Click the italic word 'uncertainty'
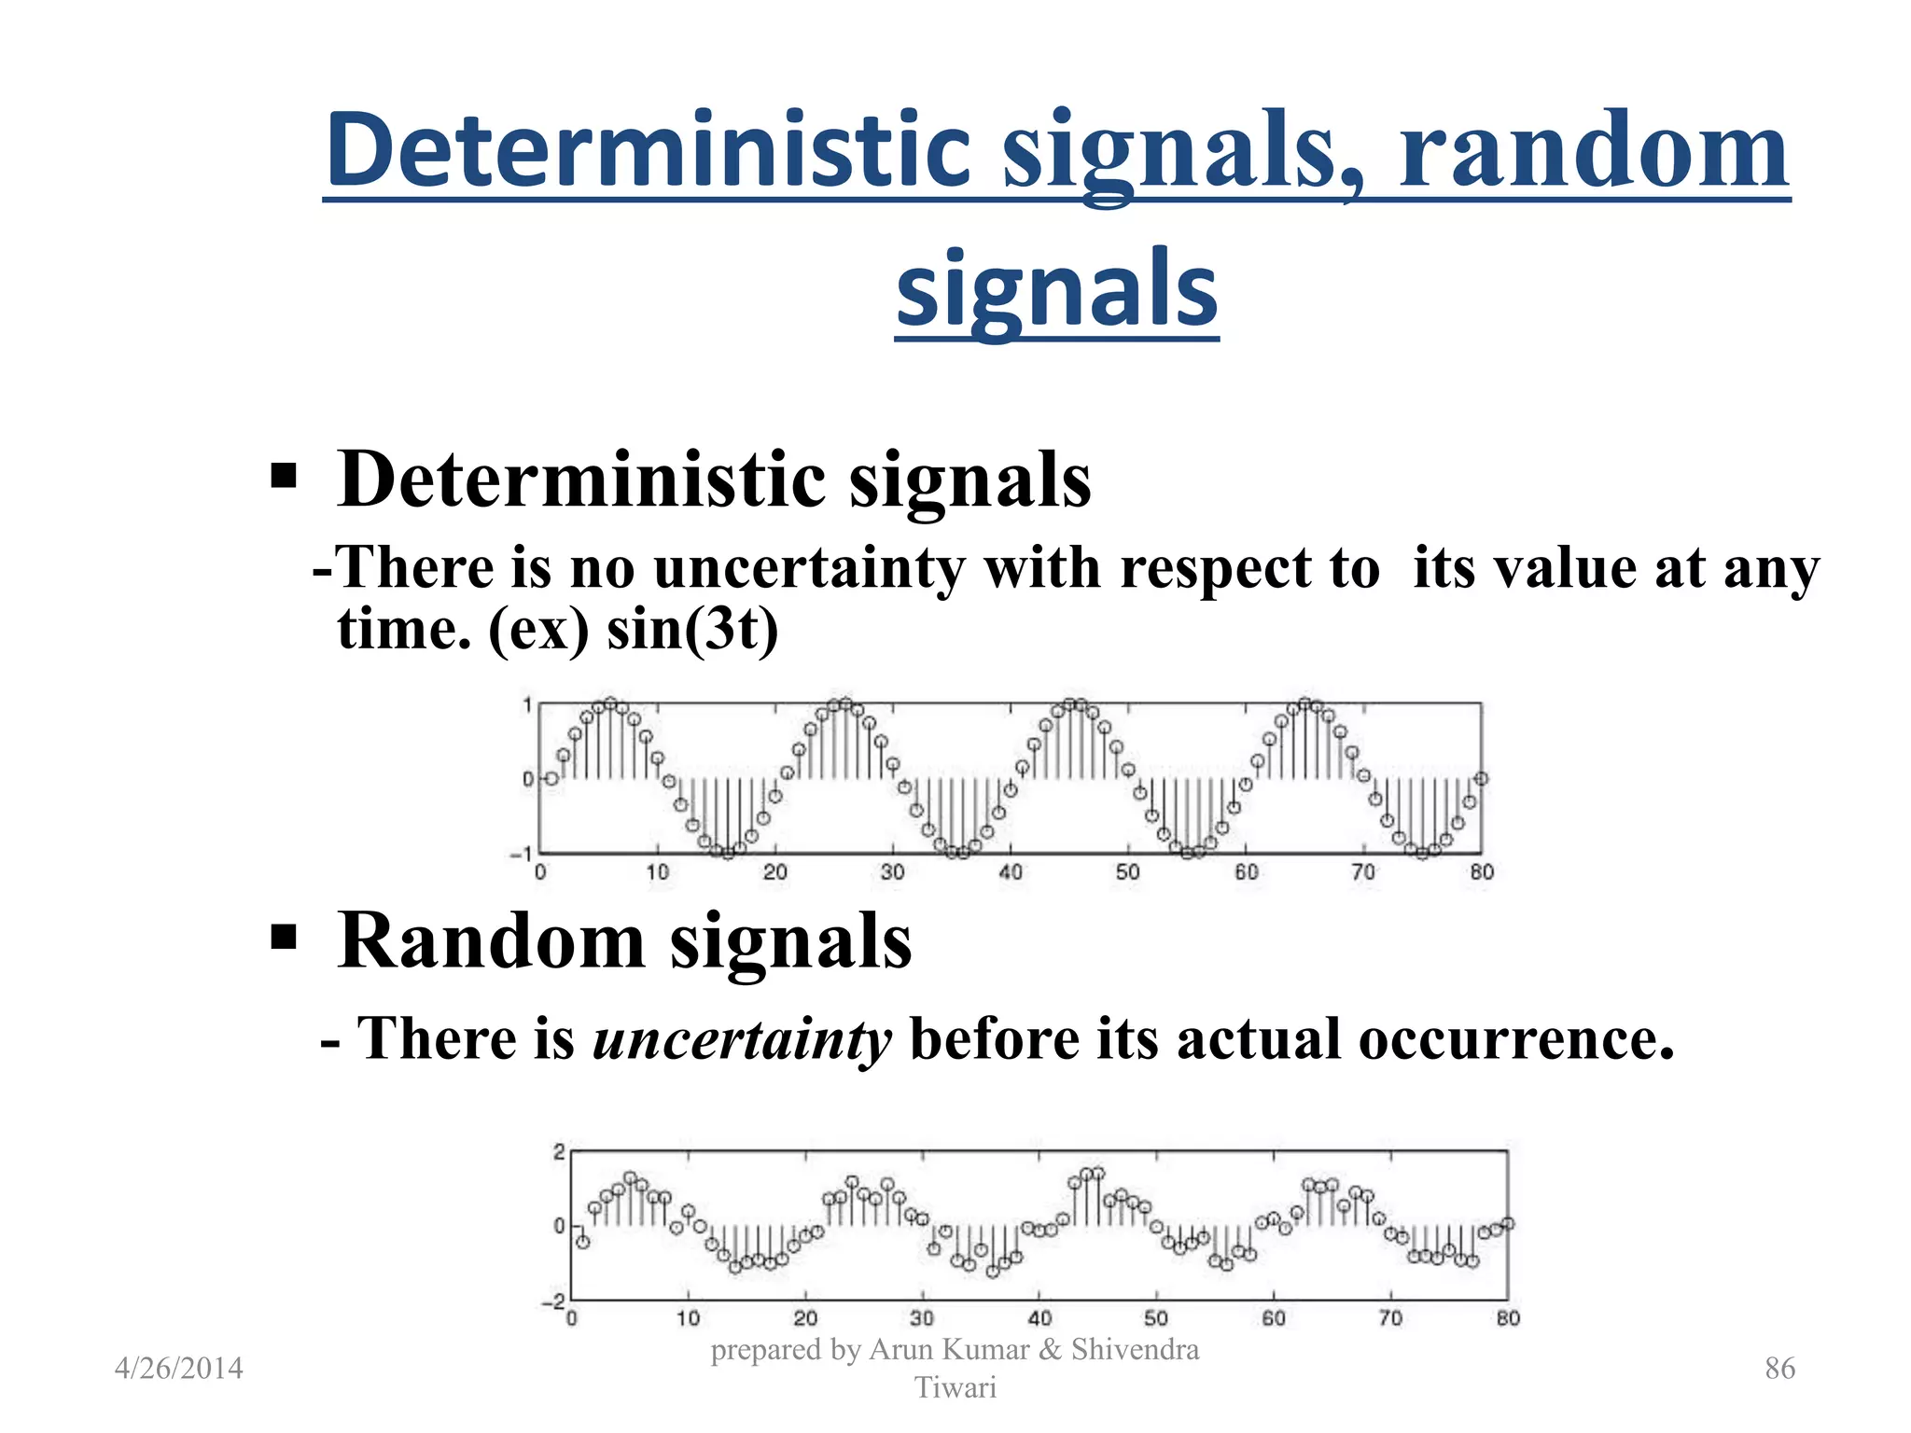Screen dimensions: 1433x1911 (x=742, y=1038)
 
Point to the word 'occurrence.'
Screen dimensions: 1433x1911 (x=1515, y=1038)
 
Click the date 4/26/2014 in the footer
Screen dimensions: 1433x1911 (x=178, y=1368)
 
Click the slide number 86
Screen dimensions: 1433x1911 (x=1779, y=1368)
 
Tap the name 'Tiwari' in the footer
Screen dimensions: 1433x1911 (x=955, y=1387)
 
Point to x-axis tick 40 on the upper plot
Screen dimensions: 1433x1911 (x=1011, y=872)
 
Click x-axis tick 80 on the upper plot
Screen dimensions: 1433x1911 (x=1482, y=872)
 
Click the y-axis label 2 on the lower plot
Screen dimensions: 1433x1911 (x=559, y=1152)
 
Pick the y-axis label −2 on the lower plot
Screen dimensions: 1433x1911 (x=553, y=1301)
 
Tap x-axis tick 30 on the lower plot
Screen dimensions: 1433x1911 (x=922, y=1318)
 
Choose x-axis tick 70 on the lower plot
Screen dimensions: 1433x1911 (x=1390, y=1318)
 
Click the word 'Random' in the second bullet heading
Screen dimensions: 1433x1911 (x=491, y=940)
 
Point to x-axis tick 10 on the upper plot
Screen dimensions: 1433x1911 (x=658, y=872)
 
